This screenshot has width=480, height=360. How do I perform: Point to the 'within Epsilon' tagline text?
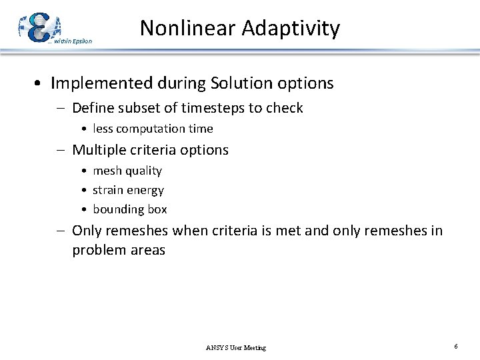click(x=73, y=41)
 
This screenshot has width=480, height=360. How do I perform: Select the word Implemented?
click(x=99, y=83)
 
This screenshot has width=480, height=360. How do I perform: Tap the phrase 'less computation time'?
click(x=153, y=129)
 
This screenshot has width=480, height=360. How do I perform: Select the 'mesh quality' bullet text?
click(x=127, y=171)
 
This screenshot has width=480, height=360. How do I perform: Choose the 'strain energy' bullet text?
click(x=128, y=190)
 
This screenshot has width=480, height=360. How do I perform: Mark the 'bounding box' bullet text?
click(x=130, y=209)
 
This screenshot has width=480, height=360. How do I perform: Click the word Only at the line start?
click(x=87, y=231)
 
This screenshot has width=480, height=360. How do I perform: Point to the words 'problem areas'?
click(x=119, y=251)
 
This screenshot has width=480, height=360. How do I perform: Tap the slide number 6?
click(x=455, y=347)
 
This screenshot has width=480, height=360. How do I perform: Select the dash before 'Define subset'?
click(x=61, y=108)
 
